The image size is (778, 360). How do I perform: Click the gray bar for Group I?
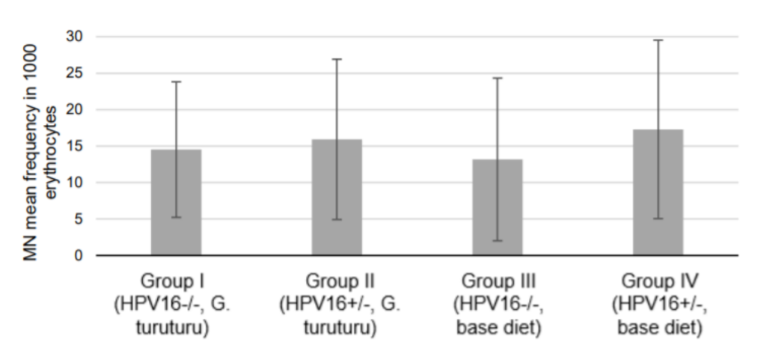coord(176,202)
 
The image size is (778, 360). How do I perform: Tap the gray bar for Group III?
coord(497,207)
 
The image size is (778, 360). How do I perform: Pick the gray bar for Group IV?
coord(658,192)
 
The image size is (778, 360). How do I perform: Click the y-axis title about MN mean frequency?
coord(38,146)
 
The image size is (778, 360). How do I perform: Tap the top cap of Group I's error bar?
coord(176,82)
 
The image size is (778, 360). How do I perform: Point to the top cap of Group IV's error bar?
coord(658,40)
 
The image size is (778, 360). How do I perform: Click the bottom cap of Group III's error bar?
coord(497,241)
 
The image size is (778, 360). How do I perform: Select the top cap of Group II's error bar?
coord(337,59)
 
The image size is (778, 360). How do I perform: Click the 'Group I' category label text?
coord(176,281)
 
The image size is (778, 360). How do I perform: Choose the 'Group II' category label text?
coord(337,281)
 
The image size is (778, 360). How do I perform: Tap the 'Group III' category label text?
coord(497,281)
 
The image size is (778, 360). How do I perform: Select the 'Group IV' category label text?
coord(658,281)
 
